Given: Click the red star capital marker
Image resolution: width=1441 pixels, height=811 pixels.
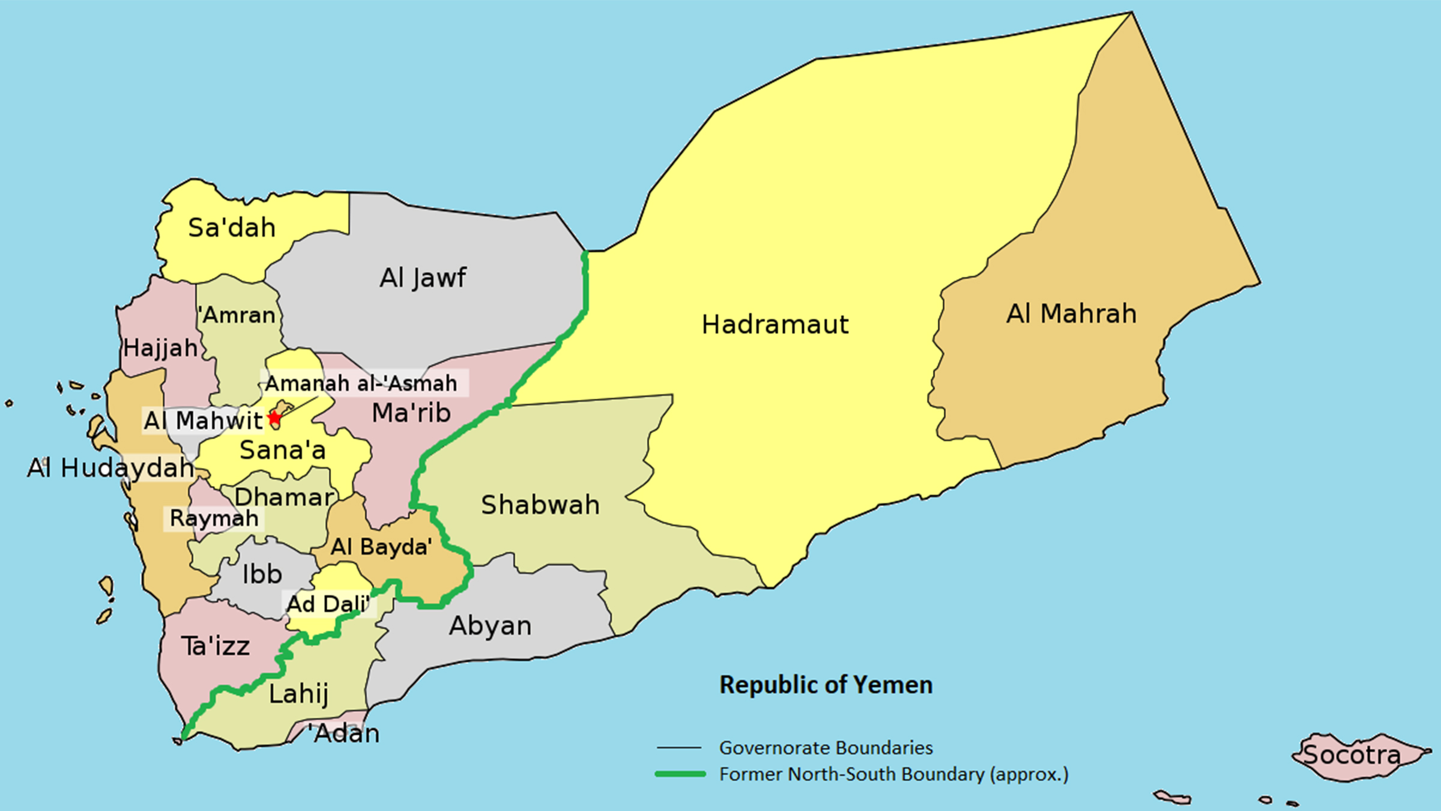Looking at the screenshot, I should pyautogui.click(x=274, y=418).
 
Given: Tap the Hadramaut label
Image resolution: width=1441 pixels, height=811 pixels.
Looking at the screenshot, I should pyautogui.click(x=775, y=325).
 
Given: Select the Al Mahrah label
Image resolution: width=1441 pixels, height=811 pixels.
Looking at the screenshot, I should pyautogui.click(x=1071, y=314).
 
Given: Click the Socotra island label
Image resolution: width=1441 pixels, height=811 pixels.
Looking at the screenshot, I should pyautogui.click(x=1352, y=755).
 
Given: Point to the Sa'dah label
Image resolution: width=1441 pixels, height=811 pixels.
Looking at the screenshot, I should pyautogui.click(x=232, y=228).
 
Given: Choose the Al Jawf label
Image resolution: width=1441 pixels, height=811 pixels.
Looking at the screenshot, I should pyautogui.click(x=423, y=278).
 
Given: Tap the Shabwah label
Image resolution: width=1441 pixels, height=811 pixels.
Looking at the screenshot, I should pyautogui.click(x=540, y=505).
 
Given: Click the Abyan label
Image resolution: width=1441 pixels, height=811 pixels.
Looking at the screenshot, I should pyautogui.click(x=491, y=626).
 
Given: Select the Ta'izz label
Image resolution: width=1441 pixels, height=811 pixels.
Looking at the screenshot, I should pyautogui.click(x=216, y=647).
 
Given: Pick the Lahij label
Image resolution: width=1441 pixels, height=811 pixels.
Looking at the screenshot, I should pyautogui.click(x=298, y=694).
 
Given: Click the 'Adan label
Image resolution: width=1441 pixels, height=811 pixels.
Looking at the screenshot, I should pyautogui.click(x=344, y=734).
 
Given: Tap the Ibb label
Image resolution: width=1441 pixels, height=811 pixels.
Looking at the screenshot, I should pyautogui.click(x=262, y=575).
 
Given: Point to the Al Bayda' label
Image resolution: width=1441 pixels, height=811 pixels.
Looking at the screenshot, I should pyautogui.click(x=381, y=547).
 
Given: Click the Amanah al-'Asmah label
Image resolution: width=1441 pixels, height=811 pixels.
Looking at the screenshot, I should pyautogui.click(x=361, y=383).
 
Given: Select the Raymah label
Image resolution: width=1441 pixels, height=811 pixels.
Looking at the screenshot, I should pyautogui.click(x=214, y=518).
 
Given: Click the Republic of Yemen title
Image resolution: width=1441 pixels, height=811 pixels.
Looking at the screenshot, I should pyautogui.click(x=826, y=685).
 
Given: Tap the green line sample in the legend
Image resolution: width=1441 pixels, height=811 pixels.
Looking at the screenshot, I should pyautogui.click(x=680, y=774).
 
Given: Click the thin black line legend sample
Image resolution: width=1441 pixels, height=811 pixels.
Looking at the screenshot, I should pyautogui.click(x=679, y=748).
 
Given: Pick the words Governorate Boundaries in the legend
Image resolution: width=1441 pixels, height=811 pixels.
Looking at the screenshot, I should pyautogui.click(x=826, y=748).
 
